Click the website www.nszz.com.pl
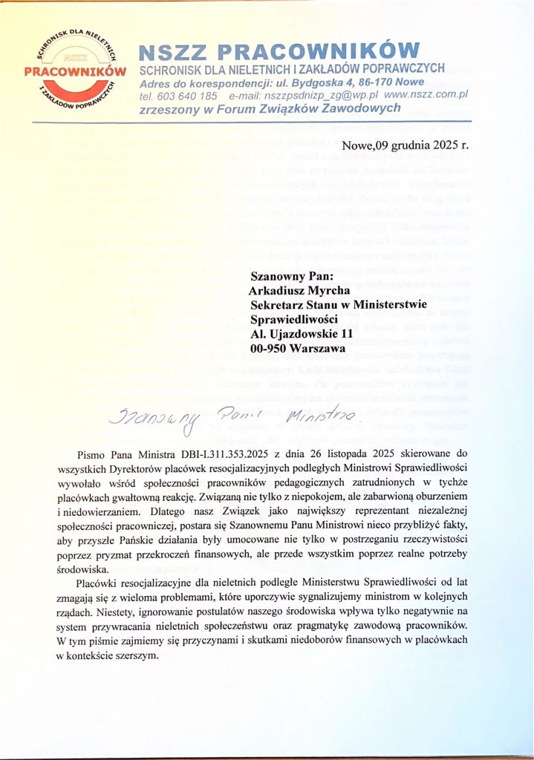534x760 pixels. pyautogui.click(x=426, y=96)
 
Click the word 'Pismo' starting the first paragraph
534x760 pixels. pyautogui.click(x=93, y=452)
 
